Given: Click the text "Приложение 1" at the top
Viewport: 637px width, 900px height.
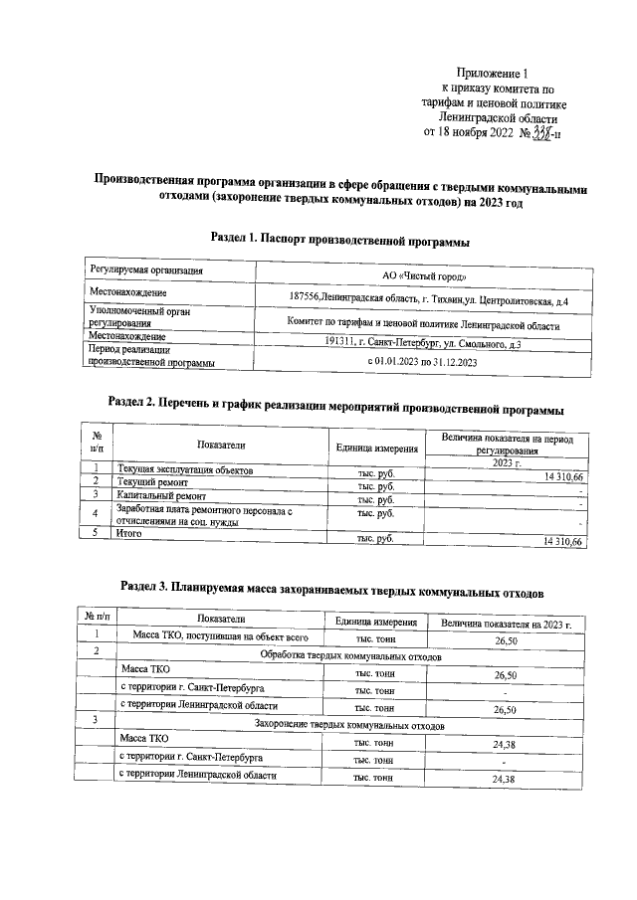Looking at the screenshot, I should coord(494,74).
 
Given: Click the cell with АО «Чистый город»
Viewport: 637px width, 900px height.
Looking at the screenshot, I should coord(423,275).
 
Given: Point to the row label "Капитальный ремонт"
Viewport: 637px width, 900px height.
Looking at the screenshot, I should coord(161,494).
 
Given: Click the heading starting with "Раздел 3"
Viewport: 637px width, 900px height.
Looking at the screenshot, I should coord(331,591).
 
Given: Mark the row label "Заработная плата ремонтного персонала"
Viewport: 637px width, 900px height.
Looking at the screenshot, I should coord(202,511).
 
